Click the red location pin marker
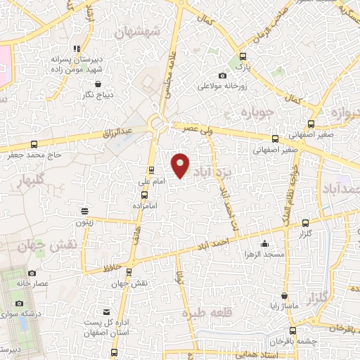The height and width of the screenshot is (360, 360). click(181, 165)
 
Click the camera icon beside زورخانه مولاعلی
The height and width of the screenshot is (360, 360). click(223, 76)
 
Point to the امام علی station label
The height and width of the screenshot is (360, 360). click(151, 181)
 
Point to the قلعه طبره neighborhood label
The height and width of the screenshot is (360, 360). click(204, 314)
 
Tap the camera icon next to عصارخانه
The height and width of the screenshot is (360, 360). click(31, 273)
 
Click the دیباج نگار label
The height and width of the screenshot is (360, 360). click(98, 94)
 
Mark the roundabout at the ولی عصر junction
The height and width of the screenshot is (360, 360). click(158, 125)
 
